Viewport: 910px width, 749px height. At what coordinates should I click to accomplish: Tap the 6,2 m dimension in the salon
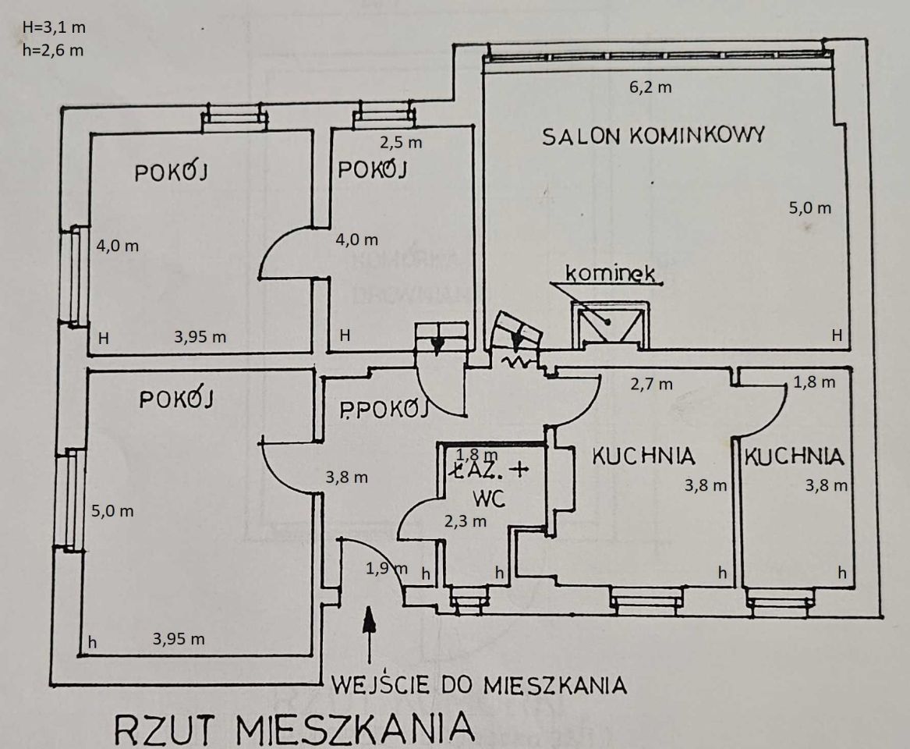click(x=650, y=87)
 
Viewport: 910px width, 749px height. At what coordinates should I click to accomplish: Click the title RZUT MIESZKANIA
click(x=295, y=729)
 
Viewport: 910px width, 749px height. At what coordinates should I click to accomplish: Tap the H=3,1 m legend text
click(x=54, y=28)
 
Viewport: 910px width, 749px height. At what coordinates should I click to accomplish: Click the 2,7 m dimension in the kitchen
click(x=650, y=383)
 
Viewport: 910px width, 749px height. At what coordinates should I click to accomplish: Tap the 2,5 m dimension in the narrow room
click(x=400, y=143)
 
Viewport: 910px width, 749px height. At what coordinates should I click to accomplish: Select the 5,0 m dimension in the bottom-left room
click(x=114, y=512)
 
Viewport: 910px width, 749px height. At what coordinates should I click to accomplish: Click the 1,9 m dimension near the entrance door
click(x=386, y=568)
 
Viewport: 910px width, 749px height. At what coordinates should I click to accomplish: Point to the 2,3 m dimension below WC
click(x=466, y=520)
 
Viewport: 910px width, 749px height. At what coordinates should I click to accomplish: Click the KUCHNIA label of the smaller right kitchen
click(x=794, y=456)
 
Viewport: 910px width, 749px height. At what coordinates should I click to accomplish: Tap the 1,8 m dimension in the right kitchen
click(x=814, y=383)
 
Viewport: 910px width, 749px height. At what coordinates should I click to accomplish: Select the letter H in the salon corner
click(x=836, y=336)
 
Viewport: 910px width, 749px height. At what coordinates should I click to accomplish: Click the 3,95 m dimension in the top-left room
click(x=200, y=337)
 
